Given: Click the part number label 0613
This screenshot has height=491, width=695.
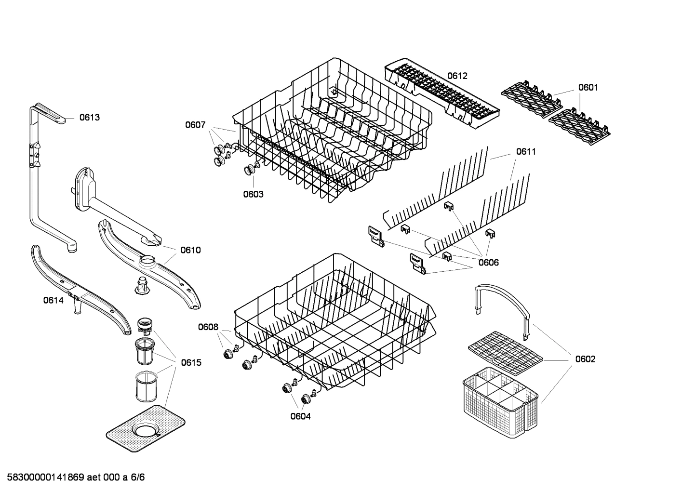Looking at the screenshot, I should [90, 117].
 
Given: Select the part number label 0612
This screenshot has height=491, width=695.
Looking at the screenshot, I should [457, 76].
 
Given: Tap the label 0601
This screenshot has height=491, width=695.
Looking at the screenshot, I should [588, 87].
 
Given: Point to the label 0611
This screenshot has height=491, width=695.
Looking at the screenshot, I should [526, 152].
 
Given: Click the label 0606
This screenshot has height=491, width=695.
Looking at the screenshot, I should [488, 263].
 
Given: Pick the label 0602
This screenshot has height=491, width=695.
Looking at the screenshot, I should [585, 359].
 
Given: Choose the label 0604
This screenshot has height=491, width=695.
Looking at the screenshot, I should [300, 416].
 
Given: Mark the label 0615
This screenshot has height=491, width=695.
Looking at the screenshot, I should [191, 362].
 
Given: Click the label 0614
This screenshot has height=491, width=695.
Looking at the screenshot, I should [53, 300].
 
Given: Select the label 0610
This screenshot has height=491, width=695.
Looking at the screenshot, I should [190, 250].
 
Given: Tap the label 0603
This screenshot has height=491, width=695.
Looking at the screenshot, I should [253, 194].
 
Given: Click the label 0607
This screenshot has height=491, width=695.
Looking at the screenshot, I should [195, 125].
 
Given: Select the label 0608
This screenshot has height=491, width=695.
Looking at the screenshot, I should [208, 327].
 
